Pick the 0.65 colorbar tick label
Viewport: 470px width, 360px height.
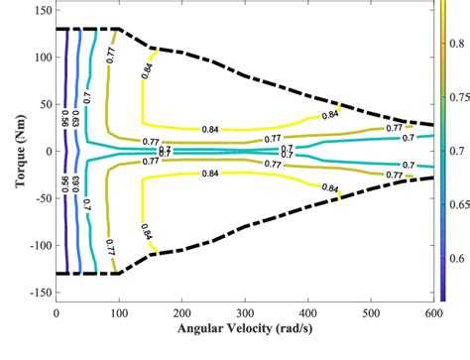click(458, 205)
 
